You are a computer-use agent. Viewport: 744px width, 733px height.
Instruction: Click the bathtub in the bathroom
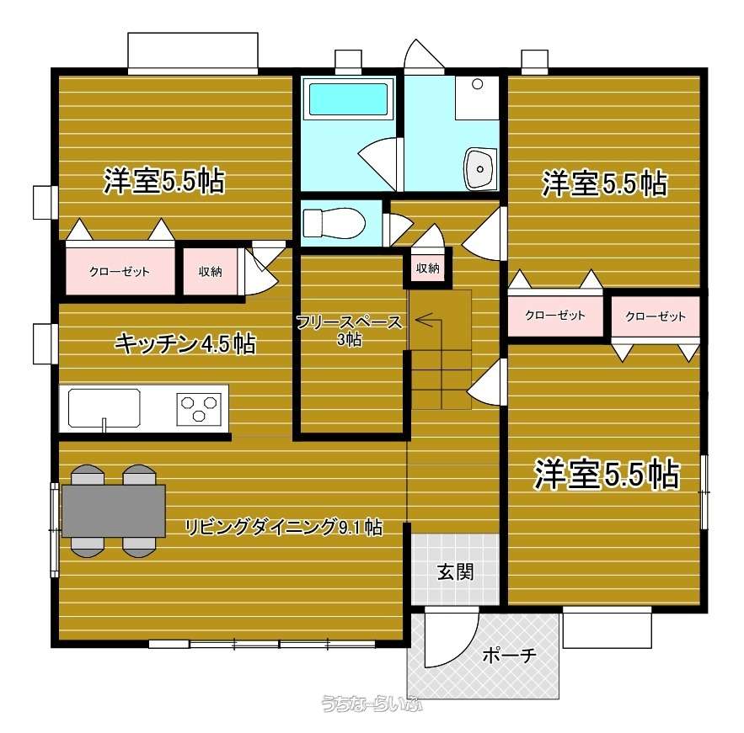pyautogui.click(x=349, y=99)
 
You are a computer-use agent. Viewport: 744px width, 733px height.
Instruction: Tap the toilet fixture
pyautogui.click(x=334, y=223)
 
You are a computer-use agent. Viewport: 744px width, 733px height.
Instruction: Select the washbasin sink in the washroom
pyautogui.click(x=479, y=168)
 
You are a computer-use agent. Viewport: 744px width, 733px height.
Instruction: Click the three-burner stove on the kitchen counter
pyautogui.click(x=200, y=408)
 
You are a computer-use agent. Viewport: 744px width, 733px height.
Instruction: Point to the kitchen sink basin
pyautogui.click(x=104, y=407)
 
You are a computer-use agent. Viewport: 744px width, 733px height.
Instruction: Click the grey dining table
pyautogui.click(x=114, y=511)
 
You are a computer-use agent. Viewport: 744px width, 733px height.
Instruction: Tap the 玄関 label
pyautogui.click(x=455, y=572)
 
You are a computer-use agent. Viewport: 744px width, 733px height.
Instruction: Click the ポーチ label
pyautogui.click(x=509, y=656)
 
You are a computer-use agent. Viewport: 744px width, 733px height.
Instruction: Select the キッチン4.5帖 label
pyautogui.click(x=185, y=343)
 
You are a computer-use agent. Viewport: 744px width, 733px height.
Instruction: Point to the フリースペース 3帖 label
pyautogui.click(x=349, y=330)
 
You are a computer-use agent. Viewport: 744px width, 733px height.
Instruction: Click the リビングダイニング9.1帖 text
pyautogui.click(x=283, y=527)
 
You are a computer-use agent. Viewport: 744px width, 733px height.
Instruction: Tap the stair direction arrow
pyautogui.click(x=429, y=321)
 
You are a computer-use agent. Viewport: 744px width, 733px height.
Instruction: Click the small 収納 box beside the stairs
pyautogui.click(x=427, y=268)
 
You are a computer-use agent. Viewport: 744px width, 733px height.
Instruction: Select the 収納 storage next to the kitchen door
pyautogui.click(x=210, y=271)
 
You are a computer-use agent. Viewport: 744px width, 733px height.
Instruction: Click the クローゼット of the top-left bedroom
pyautogui.click(x=120, y=271)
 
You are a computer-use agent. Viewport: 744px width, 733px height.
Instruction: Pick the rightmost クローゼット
pyautogui.click(x=656, y=316)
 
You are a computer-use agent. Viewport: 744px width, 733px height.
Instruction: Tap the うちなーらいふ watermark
pyautogui.click(x=372, y=704)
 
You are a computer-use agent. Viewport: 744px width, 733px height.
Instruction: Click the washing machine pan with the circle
pyautogui.click(x=476, y=98)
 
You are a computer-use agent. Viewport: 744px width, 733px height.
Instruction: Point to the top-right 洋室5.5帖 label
pyautogui.click(x=605, y=183)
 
